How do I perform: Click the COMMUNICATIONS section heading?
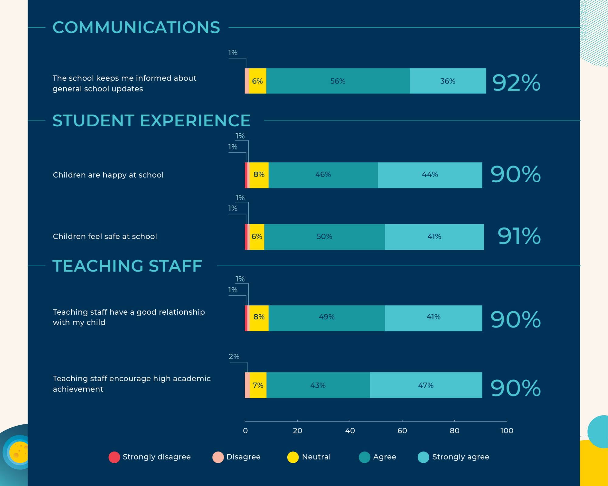tap(136, 27)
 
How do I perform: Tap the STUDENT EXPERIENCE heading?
tap(151, 121)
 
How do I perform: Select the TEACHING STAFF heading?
tap(127, 266)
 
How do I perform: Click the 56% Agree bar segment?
tap(338, 81)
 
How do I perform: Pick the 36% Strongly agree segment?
tap(447, 81)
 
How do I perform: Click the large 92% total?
tap(516, 83)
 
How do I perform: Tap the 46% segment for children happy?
tap(323, 175)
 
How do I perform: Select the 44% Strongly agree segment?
tap(430, 175)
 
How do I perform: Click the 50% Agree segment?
tap(324, 237)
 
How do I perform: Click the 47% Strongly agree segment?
tap(426, 385)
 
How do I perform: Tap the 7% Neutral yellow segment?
tap(258, 385)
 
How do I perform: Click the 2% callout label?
tap(234, 357)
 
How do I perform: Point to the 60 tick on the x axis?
tap(402, 430)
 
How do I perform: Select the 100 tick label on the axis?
tap(507, 430)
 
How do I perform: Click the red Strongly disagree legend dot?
tap(114, 457)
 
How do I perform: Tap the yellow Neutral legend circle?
tap(293, 457)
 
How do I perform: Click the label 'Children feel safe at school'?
tap(105, 237)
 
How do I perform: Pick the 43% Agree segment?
tap(318, 385)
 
